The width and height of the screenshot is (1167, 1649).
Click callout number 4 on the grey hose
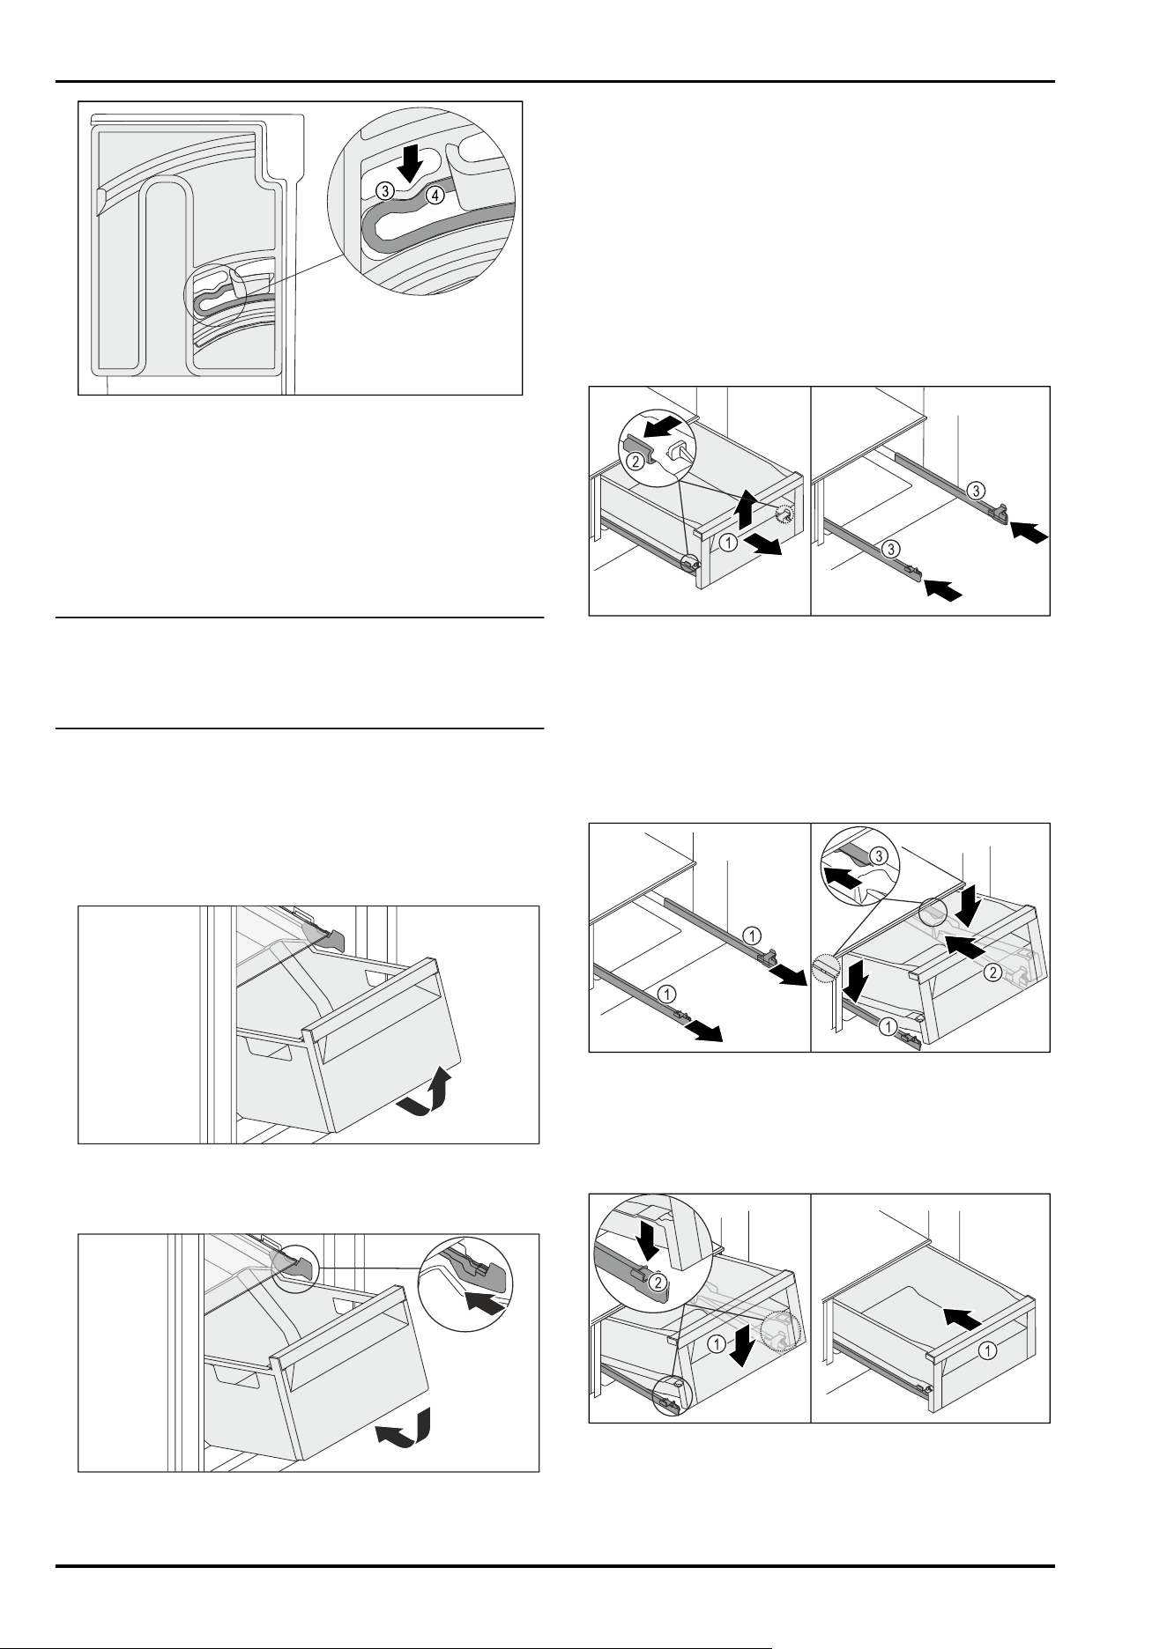(x=435, y=196)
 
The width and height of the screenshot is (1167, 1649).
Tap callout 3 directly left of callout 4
(x=383, y=189)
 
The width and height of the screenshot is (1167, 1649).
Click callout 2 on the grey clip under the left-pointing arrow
(x=636, y=458)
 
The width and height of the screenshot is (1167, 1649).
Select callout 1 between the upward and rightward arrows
(x=727, y=544)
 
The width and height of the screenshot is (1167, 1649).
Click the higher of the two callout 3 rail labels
(x=975, y=489)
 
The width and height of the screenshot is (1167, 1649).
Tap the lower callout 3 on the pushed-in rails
(x=892, y=549)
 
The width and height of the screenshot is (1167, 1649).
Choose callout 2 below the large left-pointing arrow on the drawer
(x=992, y=973)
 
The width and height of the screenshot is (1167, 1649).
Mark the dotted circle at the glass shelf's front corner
(x=824, y=968)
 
